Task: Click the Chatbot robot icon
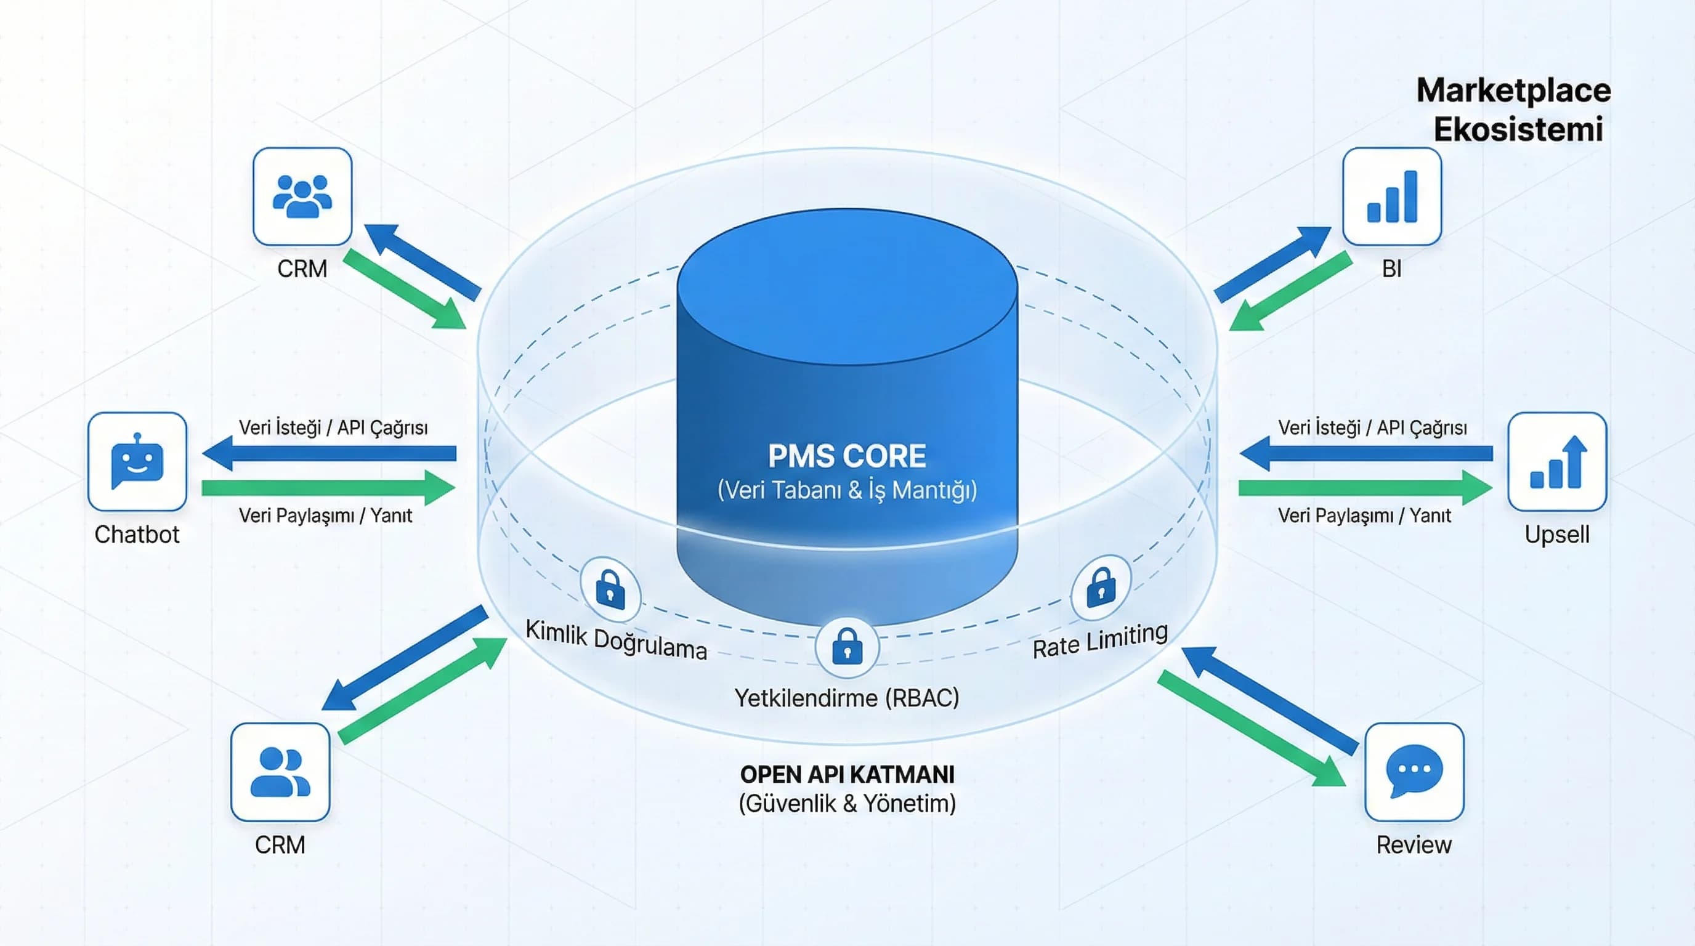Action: pos(137,462)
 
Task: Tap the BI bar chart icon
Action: pos(1392,196)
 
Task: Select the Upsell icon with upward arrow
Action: pos(1557,462)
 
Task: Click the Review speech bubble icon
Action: pos(1414,772)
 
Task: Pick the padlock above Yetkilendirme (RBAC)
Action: pos(847,647)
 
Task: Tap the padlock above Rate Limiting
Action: pos(1101,588)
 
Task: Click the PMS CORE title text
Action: pos(847,456)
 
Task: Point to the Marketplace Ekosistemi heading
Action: pos(1514,110)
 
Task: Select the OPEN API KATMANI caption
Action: pos(847,774)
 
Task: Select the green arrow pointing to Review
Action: pos(1250,728)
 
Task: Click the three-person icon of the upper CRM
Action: pos(302,196)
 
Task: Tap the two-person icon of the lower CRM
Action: pos(280,772)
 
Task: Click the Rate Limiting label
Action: pos(1100,640)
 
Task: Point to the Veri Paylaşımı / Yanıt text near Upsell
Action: pos(1364,515)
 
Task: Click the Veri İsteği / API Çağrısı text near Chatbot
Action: pos(333,427)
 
